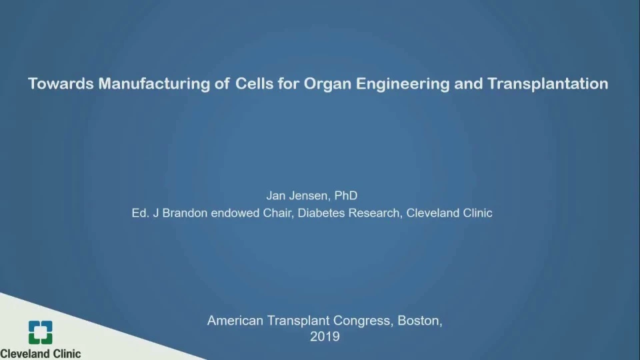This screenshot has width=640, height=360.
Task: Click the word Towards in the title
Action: tap(61, 84)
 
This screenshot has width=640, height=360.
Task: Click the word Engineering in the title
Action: tap(403, 85)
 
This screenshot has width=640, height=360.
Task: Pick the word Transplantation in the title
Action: tap(548, 85)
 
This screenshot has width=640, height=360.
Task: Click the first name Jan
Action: tap(276, 195)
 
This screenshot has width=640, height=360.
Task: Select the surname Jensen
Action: tap(310, 196)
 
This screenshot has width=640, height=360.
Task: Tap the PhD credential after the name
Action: tap(346, 195)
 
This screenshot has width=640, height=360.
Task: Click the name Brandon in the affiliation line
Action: tap(185, 213)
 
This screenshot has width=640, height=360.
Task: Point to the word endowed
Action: tap(235, 213)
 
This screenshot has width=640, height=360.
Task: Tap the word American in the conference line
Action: tap(235, 321)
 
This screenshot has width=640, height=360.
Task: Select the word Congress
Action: tap(363, 321)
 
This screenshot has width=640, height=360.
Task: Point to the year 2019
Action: tap(325, 337)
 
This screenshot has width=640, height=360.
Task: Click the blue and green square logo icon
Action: tap(41, 332)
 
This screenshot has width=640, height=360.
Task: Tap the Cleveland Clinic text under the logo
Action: tap(41, 353)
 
